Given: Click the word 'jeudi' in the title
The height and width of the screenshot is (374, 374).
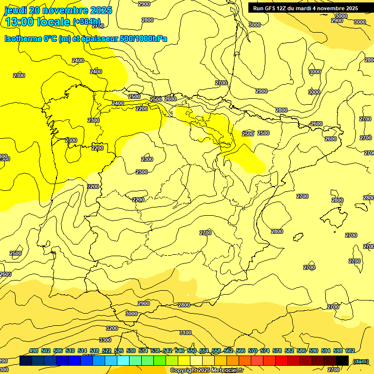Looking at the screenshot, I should [16, 10].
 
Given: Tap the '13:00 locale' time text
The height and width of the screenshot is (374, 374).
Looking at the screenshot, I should [37, 22].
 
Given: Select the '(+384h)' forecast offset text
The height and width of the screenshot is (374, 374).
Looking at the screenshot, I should [87, 22].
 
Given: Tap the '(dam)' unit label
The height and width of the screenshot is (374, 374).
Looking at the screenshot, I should [361, 361].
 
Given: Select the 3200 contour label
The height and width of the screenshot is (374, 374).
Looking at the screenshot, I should [112, 328].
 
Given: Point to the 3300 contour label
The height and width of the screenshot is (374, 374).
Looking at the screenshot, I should [105, 340].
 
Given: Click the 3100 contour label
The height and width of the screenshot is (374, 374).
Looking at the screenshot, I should [185, 333].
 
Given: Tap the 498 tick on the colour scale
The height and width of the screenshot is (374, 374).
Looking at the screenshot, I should [34, 351].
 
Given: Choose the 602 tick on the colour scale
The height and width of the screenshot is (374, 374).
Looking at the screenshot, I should [350, 351].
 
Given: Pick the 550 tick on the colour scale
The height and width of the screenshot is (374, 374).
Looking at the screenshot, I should [191, 351].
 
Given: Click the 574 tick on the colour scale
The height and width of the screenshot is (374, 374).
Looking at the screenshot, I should [264, 351].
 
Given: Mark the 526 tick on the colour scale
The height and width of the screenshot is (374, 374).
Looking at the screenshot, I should [118, 351].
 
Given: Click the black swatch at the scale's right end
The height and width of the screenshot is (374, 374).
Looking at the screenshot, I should [342, 360].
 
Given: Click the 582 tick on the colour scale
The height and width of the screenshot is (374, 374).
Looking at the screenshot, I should [289, 351].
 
